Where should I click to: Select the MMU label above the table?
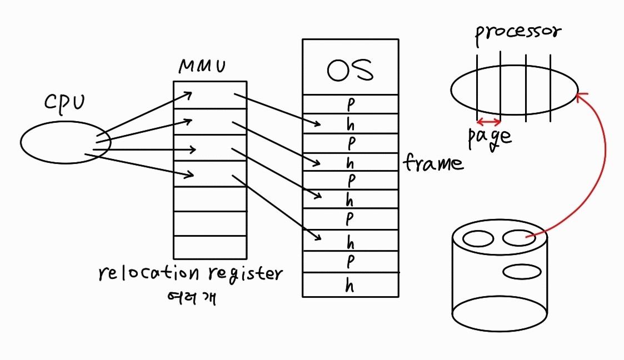pyautogui.click(x=202, y=67)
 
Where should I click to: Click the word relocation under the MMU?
pyautogui.click(x=148, y=274)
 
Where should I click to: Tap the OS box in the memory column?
pyautogui.click(x=350, y=67)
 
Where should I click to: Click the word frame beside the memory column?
pyautogui.click(x=433, y=163)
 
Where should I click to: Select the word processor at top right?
pyautogui.click(x=517, y=32)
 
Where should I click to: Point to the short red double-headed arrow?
pyautogui.click(x=489, y=122)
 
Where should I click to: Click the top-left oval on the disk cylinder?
pyautogui.click(x=478, y=239)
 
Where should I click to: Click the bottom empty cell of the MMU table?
pyautogui.click(x=209, y=247)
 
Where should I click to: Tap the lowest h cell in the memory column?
pyautogui.click(x=350, y=286)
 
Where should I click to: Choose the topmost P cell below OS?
pyautogui.click(x=350, y=104)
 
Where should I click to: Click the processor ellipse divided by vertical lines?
pyautogui.click(x=514, y=90)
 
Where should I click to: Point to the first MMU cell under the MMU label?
pyautogui.click(x=209, y=95)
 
